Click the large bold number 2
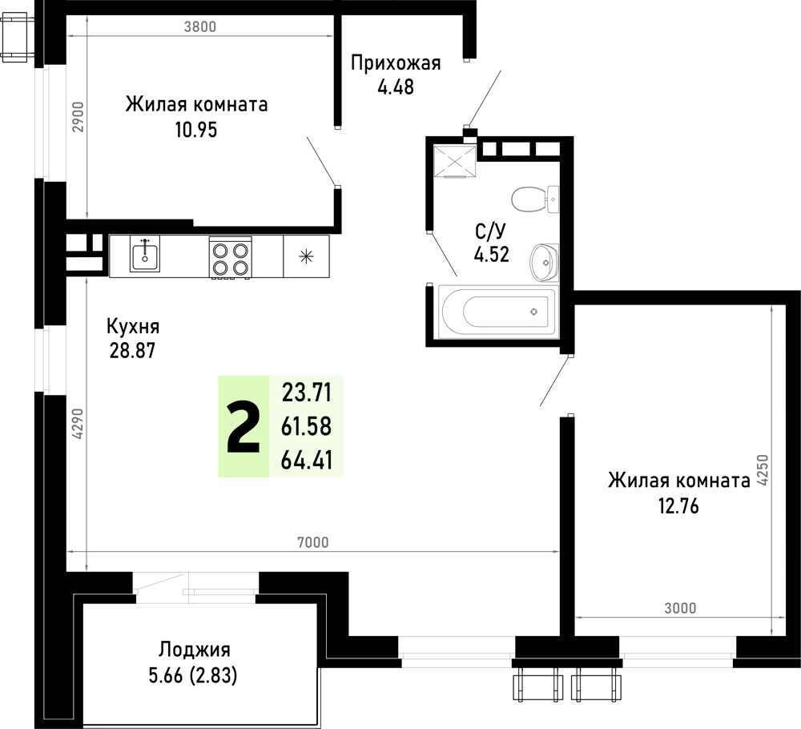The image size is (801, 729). coord(244,429)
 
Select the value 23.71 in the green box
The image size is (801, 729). coord(306,393)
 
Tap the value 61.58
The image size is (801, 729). coord(306,427)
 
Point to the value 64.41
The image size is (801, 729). coord(306,461)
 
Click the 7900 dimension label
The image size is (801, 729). coord(312,543)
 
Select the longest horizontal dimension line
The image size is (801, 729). coord(312,551)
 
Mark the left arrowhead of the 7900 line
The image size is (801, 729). coord(70,551)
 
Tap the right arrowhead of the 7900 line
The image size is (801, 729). coord(555,551)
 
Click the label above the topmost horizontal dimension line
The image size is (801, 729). coord(199,27)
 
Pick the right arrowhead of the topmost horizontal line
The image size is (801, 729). coord(329,35)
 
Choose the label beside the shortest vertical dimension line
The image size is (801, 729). coord(78,117)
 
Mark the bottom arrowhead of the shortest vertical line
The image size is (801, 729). coord(87,214)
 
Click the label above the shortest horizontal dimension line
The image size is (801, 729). coord(680,608)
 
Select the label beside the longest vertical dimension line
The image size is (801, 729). coord(762,469)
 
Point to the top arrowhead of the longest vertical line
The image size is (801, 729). coord(771,308)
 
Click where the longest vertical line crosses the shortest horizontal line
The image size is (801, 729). coord(771,617)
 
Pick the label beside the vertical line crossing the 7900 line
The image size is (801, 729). coord(78,423)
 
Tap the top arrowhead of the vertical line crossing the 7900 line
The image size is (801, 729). coord(87,281)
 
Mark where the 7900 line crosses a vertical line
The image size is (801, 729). coord(87,551)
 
